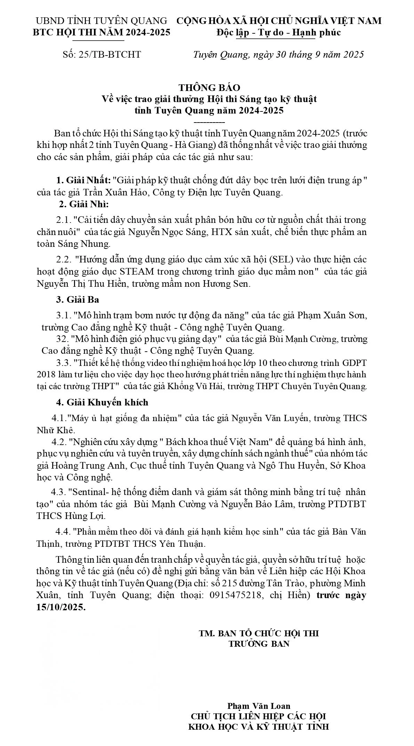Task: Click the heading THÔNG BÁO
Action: (209, 87)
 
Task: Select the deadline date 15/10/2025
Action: (60, 607)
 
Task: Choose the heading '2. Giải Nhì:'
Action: (84, 204)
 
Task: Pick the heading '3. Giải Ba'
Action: (78, 299)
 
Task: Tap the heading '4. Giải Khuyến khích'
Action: (102, 402)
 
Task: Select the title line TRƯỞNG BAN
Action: (259, 643)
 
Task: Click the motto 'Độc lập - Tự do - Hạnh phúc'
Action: (278, 33)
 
